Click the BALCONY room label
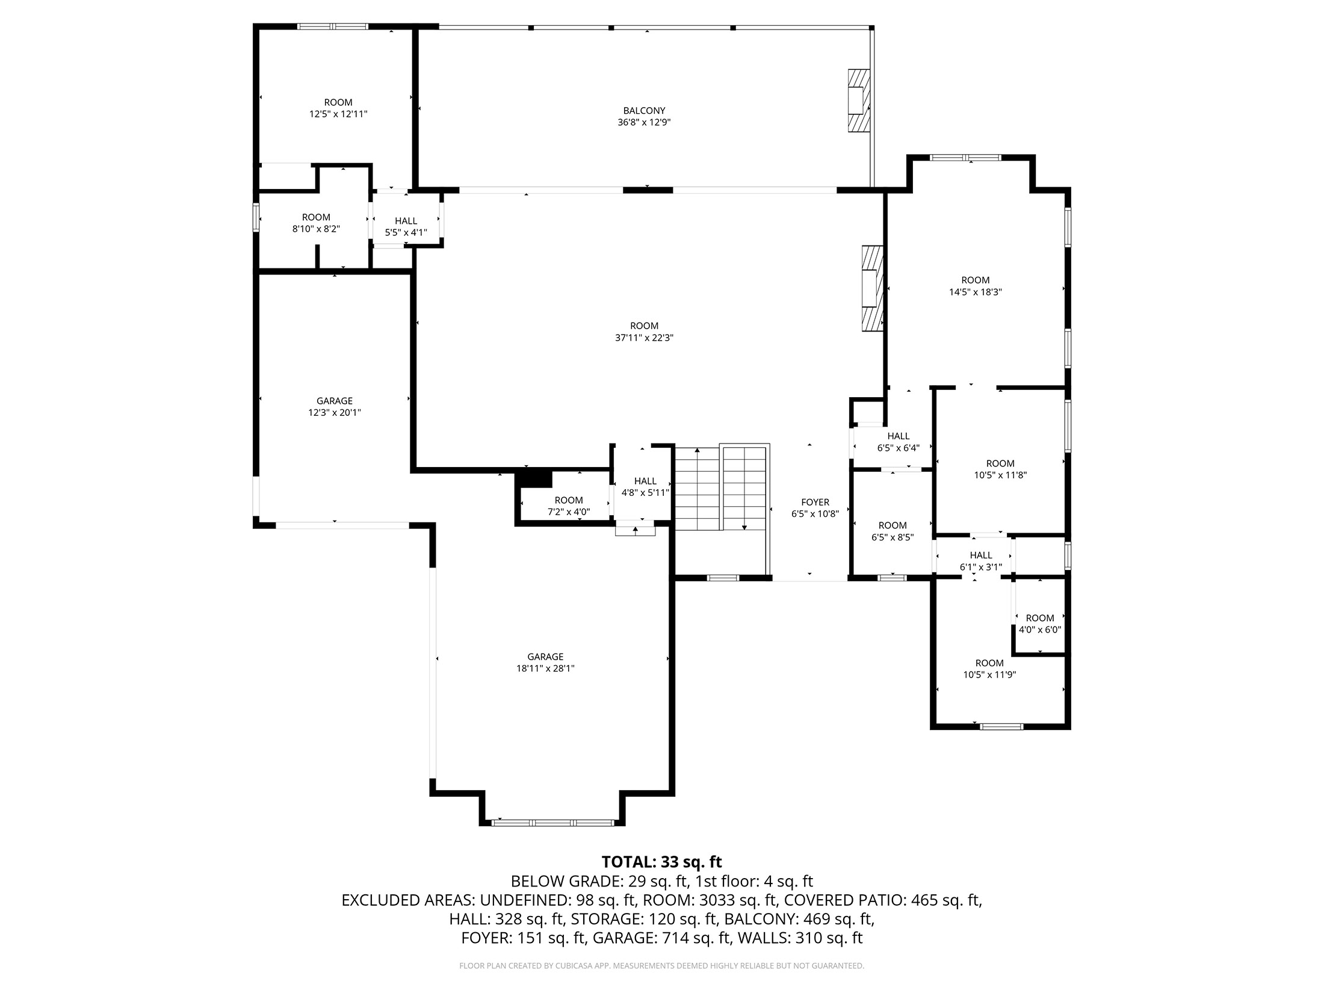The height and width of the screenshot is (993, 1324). coord(644,111)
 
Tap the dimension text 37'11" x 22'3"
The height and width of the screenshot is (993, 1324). coord(644,338)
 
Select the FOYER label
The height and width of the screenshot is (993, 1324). coord(815,503)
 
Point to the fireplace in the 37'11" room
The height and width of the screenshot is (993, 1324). coord(871,289)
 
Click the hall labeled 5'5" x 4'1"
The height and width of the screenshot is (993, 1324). coord(406,227)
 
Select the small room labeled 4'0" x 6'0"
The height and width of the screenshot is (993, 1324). coord(1039,624)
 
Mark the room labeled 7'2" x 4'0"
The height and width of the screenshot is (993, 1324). coord(568,506)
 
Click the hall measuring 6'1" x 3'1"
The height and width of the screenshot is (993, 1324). coord(980,561)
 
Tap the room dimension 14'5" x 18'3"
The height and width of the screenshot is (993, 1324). coord(975,292)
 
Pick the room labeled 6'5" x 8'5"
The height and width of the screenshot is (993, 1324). coord(892,531)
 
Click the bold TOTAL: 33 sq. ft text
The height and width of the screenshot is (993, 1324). coord(661,862)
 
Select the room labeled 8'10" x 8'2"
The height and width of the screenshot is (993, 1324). coord(316,223)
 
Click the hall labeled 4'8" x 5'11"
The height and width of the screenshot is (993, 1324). coord(645,487)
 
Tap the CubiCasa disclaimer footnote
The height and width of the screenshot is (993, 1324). coord(661,966)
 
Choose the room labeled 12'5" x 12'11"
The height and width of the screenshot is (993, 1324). coord(338,108)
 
